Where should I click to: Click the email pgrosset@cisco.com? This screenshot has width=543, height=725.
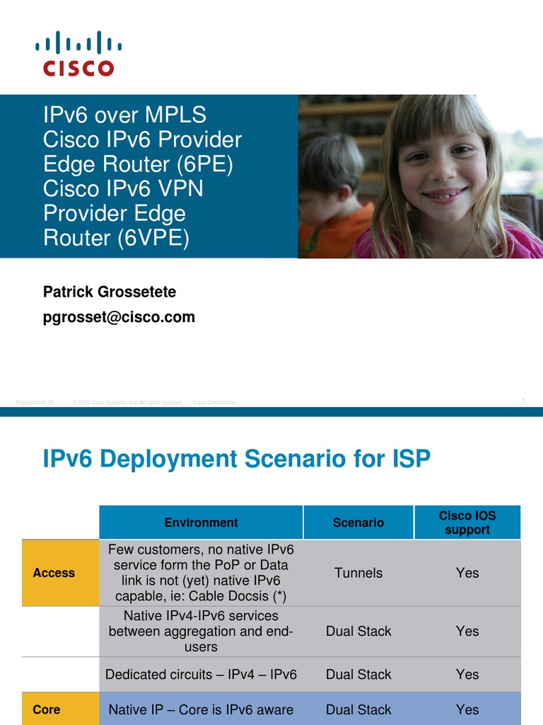(119, 317)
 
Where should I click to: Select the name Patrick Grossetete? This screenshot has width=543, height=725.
(110, 292)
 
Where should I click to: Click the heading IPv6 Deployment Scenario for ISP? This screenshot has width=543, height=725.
(237, 459)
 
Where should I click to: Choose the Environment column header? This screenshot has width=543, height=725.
(201, 523)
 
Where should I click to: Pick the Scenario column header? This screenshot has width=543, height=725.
(358, 523)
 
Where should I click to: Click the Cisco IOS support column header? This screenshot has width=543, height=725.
(467, 523)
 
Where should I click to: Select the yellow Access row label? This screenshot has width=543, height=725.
(54, 573)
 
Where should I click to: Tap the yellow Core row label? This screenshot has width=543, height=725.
(47, 709)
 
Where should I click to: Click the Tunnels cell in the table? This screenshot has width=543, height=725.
(358, 573)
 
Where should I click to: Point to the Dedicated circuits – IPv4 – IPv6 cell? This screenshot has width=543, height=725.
(201, 675)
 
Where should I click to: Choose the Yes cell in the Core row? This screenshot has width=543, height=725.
(467, 709)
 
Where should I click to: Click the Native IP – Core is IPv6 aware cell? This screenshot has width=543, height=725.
(201, 709)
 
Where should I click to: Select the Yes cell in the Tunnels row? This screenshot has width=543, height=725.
(467, 573)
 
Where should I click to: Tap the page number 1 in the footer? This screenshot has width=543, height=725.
(523, 401)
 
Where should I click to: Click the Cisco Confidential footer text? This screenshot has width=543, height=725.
(214, 403)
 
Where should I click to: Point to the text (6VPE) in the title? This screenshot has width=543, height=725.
(154, 238)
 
